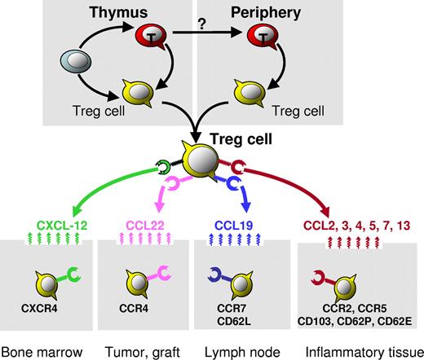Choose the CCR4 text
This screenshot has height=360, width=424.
pos(134,308)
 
